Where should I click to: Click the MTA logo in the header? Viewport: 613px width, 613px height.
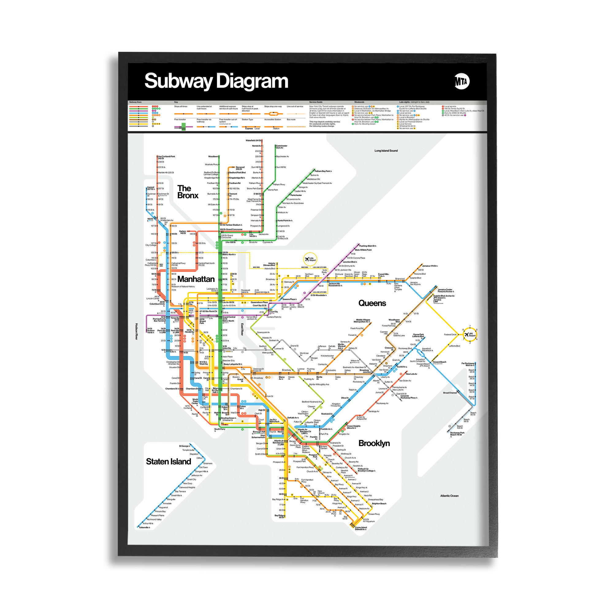[x=462, y=82]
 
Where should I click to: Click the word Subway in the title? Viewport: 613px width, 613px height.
[x=178, y=81]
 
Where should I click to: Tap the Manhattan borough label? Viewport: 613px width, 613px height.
[x=196, y=279]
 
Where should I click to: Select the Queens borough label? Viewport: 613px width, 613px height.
[x=372, y=303]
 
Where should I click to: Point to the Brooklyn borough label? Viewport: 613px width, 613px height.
[x=374, y=443]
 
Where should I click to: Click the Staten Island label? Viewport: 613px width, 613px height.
[x=169, y=462]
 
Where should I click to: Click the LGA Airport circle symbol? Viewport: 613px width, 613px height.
[x=310, y=259]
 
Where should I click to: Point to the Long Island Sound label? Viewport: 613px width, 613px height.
[x=386, y=151]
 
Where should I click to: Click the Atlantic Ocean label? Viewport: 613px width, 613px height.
[x=449, y=496]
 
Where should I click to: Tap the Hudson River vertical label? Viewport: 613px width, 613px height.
[x=136, y=332]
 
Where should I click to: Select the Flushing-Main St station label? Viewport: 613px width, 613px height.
[x=367, y=246]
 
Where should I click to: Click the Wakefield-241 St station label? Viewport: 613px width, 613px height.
[x=253, y=141]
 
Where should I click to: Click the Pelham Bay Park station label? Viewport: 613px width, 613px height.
[x=323, y=171]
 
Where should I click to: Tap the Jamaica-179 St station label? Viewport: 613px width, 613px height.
[x=430, y=266]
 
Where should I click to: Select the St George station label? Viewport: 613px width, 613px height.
[x=184, y=446]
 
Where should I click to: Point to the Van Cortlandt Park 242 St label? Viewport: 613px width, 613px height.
[x=166, y=157]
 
